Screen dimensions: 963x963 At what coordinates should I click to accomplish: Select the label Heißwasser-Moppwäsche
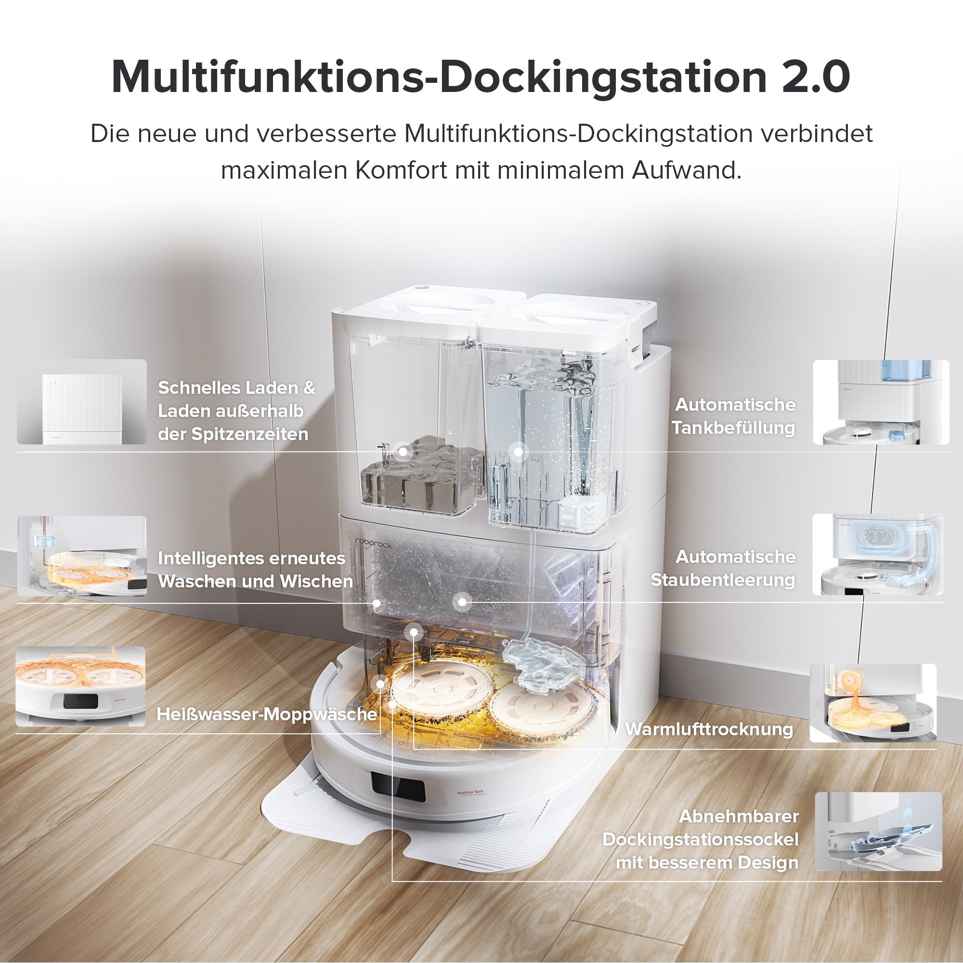267,714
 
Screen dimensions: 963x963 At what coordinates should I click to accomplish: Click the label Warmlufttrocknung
709,729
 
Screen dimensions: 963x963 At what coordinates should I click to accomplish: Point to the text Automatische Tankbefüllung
734,416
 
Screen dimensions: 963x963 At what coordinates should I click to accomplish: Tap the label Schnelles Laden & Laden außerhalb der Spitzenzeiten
236,411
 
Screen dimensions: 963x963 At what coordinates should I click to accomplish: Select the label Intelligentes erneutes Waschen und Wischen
255,570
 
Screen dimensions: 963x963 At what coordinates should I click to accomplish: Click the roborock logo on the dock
373,543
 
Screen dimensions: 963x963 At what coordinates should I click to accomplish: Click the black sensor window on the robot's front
398,787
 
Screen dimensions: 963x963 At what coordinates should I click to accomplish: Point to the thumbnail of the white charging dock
82,402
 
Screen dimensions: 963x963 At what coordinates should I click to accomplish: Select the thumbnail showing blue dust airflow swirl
877,555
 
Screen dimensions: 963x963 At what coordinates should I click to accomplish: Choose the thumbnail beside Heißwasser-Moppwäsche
81,686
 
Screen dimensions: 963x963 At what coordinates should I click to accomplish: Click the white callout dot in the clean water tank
519,452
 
